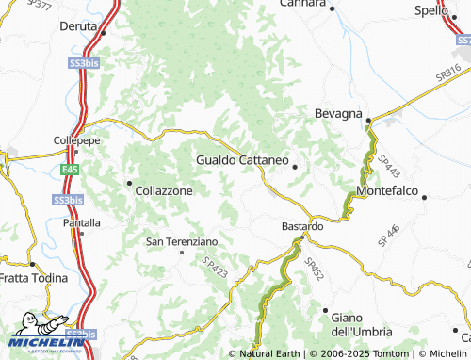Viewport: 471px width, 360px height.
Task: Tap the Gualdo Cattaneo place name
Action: (242, 160)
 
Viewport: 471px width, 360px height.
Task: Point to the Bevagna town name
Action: (338, 114)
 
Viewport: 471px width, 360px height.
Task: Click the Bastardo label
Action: (303, 227)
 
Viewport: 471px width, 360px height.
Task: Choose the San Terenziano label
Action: (182, 242)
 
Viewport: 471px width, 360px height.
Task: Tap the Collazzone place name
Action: (164, 190)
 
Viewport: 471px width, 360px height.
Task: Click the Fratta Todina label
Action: (34, 278)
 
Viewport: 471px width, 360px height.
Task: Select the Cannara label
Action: (302, 5)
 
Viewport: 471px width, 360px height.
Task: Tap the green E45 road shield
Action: (67, 170)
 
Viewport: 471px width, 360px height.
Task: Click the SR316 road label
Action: (448, 77)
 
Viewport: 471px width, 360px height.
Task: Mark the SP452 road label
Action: (315, 270)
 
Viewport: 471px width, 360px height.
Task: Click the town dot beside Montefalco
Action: (425, 198)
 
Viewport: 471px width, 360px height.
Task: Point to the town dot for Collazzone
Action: (129, 182)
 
